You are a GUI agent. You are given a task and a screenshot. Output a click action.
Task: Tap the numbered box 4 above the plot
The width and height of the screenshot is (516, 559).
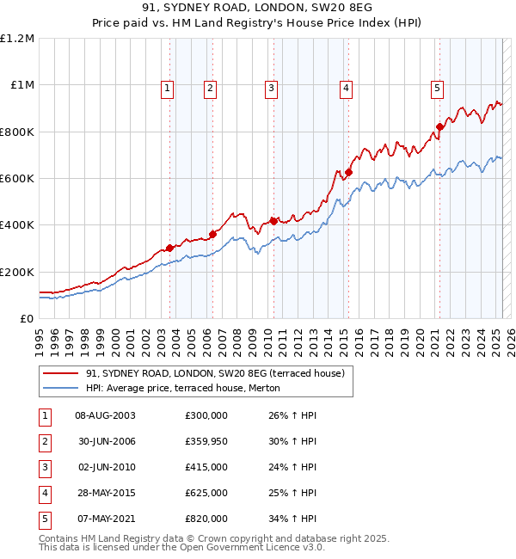[x=345, y=87]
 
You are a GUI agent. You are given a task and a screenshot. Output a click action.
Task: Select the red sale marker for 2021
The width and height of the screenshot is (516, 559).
[x=439, y=127]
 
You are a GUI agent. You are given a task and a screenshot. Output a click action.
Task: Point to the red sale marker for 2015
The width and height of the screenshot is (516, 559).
[x=349, y=172]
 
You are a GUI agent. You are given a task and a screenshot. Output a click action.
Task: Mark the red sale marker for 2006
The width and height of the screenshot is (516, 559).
[x=212, y=233]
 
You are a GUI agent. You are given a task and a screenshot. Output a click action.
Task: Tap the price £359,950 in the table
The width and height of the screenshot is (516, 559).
[x=206, y=440]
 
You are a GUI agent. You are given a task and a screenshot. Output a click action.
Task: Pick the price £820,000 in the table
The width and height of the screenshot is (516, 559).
[x=206, y=518]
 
